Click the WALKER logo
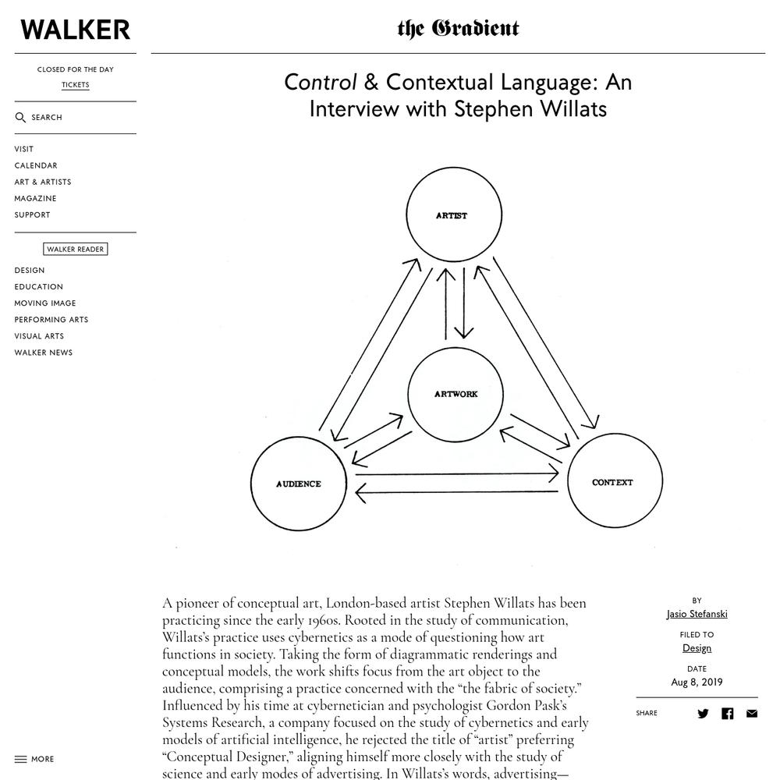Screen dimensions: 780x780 pos(75,30)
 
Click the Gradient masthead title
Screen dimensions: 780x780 pos(458,29)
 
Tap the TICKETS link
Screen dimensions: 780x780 pos(75,84)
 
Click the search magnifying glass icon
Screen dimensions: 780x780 pos(20,118)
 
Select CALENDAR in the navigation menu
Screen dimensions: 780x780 pos(36,165)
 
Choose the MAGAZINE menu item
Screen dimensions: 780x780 pos(35,198)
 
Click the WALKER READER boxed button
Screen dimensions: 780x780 pos(75,250)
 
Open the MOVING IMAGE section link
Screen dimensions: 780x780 pos(45,303)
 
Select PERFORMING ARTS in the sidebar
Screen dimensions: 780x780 pos(51,320)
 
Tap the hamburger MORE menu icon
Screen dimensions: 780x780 pos(20,759)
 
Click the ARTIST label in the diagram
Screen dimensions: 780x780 pos(452,216)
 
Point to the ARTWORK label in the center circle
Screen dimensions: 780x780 pos(456,394)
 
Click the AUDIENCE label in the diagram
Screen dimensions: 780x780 pos(299,484)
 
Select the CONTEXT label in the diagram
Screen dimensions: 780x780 pos(612,483)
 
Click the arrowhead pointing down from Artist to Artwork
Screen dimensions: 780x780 pos(463,333)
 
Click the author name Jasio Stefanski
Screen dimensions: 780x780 pos(697,615)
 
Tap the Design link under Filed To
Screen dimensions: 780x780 pos(697,648)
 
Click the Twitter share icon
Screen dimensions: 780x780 pos(703,714)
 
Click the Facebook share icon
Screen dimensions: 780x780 pos(727,714)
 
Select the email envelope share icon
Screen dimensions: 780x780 pos(752,714)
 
